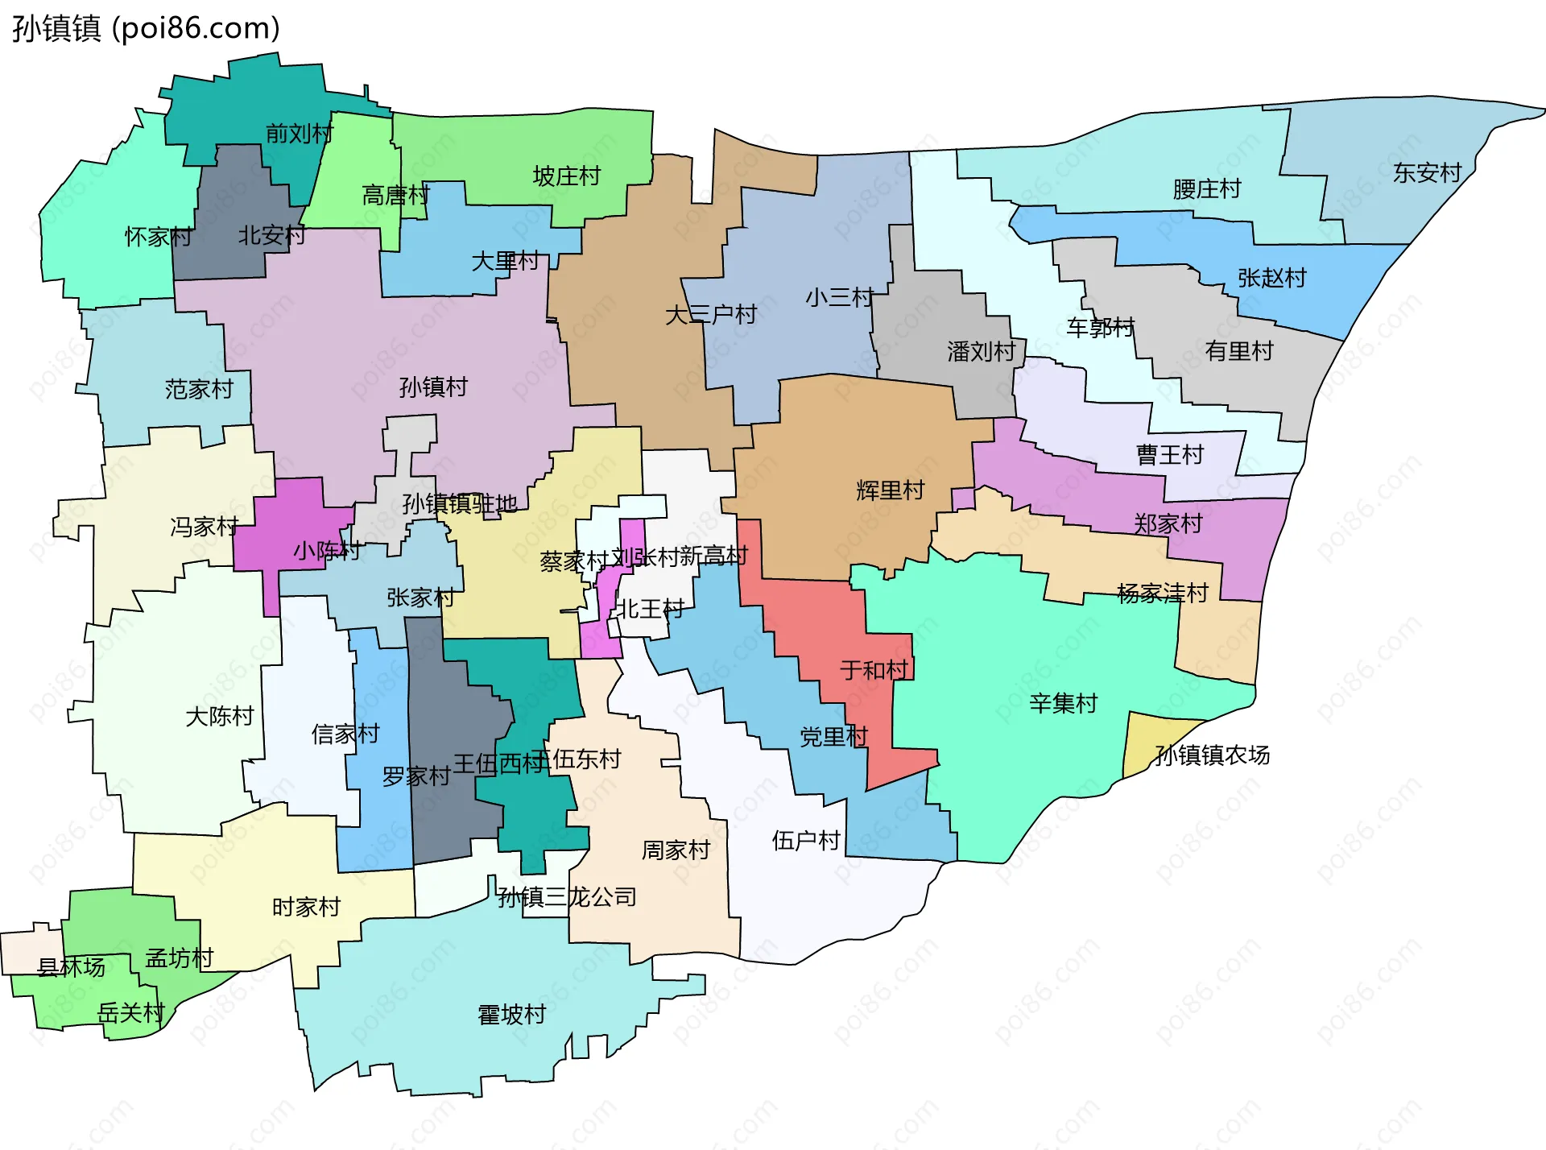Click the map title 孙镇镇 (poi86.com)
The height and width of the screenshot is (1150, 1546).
coord(146,28)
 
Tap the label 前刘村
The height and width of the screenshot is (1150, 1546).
coord(299,134)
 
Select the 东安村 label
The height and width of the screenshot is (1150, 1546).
coord(1427,173)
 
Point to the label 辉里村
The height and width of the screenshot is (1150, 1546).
coord(890,490)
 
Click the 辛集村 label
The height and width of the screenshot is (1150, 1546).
coord(1063,704)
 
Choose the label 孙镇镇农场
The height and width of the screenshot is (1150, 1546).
coord(1212,755)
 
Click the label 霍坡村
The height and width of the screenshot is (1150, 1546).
coord(512,1015)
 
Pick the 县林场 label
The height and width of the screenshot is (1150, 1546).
coord(71,967)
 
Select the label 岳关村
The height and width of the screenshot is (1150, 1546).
coord(130,1013)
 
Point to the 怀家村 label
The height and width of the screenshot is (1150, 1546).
coord(158,237)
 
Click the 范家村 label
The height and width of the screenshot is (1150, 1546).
coord(199,390)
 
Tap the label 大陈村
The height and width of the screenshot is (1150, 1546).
coord(219,717)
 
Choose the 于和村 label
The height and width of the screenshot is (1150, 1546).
coord(874,670)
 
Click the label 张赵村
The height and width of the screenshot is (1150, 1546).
coord(1271,279)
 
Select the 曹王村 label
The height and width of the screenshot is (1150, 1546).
coord(1169,455)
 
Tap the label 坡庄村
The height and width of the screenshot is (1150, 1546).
coord(567,176)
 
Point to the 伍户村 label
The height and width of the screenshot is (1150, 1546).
coord(806,841)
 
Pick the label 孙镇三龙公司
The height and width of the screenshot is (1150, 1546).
coord(567,897)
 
